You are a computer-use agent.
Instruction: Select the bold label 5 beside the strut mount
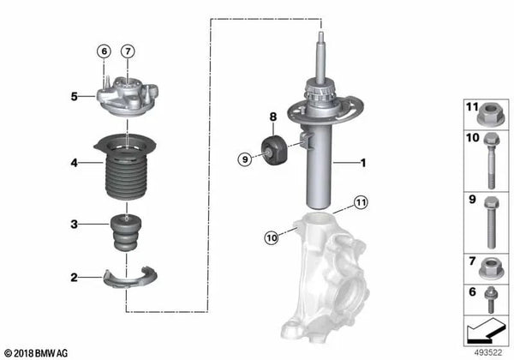pos(75,97)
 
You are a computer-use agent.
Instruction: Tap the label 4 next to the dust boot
pos(75,163)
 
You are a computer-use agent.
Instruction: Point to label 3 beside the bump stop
pos(75,225)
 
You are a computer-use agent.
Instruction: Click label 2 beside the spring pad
pos(75,278)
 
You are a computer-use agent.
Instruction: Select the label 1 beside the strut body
pos(362,162)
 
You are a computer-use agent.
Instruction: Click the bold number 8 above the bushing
pos(273,117)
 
